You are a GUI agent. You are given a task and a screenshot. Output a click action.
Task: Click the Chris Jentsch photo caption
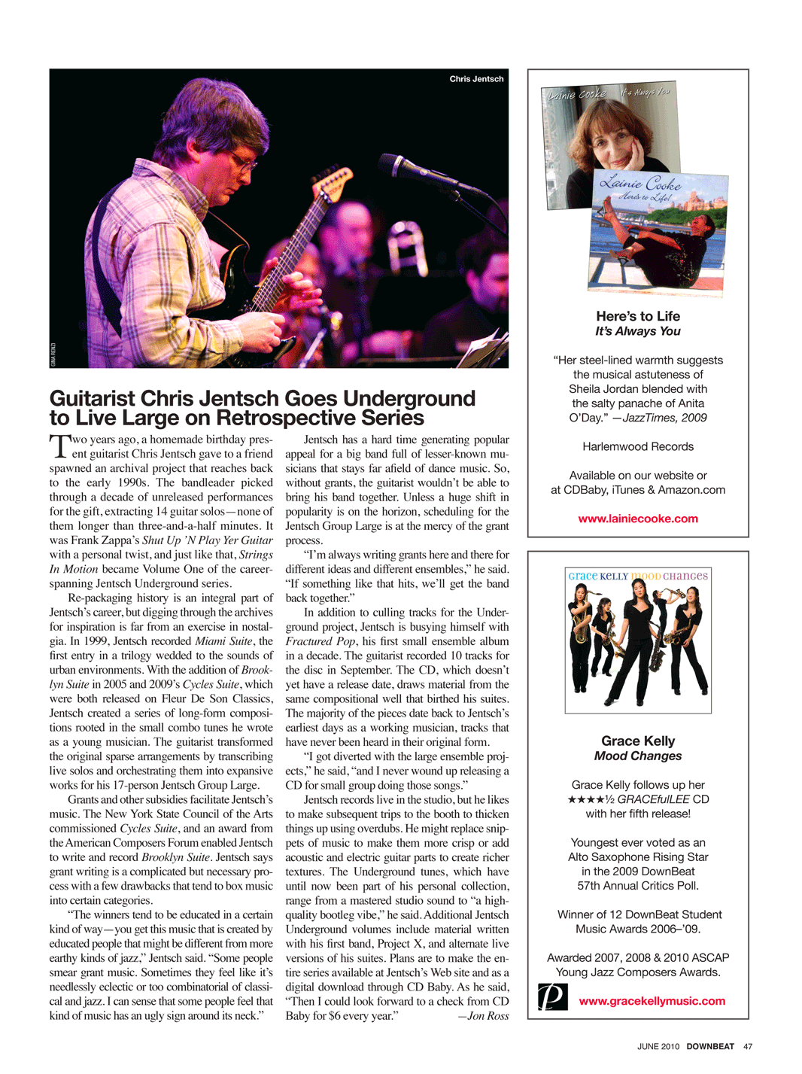pyautogui.click(x=476, y=79)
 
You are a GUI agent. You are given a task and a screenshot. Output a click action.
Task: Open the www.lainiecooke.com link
pyautogui.click(x=637, y=519)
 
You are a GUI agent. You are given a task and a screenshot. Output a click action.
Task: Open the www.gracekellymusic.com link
pyautogui.click(x=652, y=1001)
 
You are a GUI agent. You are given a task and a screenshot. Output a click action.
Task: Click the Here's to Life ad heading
pyautogui.click(x=638, y=316)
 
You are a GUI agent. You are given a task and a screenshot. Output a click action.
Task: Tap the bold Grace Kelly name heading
pyautogui.click(x=638, y=741)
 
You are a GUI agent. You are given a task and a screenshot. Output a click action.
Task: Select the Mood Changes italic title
pyautogui.click(x=638, y=756)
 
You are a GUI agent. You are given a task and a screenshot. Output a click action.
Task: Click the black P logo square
pyautogui.click(x=552, y=996)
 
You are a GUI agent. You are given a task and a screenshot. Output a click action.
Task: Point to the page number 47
pyautogui.click(x=747, y=1046)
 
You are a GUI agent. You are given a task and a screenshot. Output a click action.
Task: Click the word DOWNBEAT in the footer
pyautogui.click(x=709, y=1046)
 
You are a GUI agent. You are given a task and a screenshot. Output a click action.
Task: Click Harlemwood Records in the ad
pyautogui.click(x=638, y=446)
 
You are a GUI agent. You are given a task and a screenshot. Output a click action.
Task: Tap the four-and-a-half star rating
pyautogui.click(x=591, y=799)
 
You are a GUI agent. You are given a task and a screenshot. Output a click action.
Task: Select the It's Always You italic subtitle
pyautogui.click(x=638, y=331)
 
